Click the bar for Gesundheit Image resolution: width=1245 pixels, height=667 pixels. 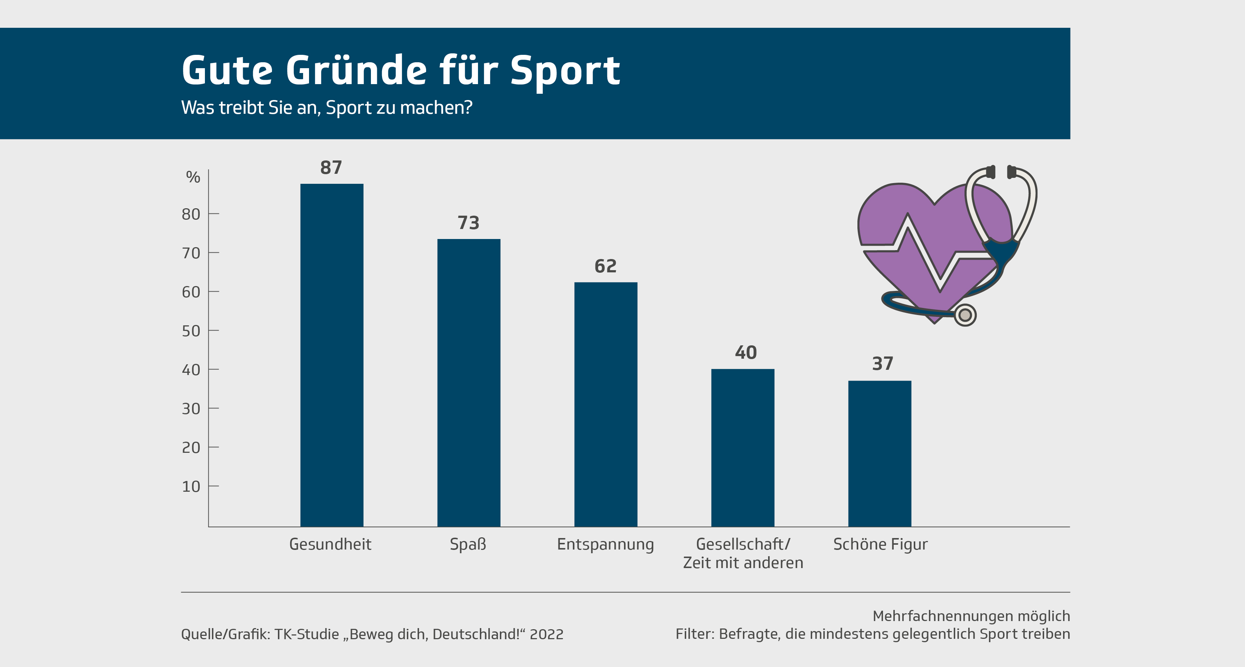pos(332,355)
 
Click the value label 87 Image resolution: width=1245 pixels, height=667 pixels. pos(331,168)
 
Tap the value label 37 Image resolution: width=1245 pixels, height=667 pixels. pos(883,364)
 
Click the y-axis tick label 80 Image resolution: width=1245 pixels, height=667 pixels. pos(191,214)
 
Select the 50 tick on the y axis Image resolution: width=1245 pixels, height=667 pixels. pos(191,331)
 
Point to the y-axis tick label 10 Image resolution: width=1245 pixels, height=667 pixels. pos(191,487)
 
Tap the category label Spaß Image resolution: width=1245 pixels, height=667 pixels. pos(468,544)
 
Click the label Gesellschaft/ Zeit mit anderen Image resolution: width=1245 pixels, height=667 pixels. pos(743,553)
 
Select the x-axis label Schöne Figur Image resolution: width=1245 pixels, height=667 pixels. pos(880,544)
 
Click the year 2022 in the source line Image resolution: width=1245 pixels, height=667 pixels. pos(547,634)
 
